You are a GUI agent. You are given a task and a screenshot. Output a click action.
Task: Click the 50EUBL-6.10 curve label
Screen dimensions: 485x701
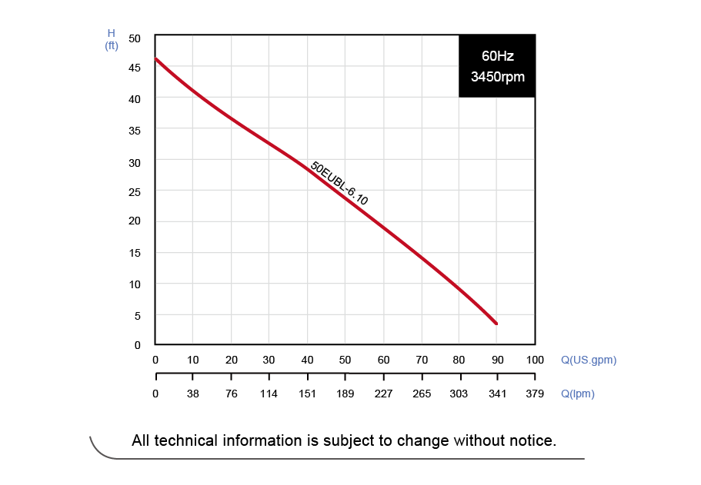339,184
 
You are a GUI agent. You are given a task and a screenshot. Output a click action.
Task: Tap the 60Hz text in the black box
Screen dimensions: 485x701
497,56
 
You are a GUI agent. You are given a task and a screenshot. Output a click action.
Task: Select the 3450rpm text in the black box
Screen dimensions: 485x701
497,77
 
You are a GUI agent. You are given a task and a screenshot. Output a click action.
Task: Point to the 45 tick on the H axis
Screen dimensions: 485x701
135,68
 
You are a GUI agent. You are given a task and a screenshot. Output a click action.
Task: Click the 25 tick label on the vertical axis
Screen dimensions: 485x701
135,191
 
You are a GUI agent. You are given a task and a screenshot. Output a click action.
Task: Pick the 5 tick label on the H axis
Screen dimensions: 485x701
138,315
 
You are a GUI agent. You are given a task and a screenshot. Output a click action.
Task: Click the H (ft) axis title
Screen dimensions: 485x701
111,39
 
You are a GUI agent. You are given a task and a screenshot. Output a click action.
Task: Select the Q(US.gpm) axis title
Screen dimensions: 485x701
588,360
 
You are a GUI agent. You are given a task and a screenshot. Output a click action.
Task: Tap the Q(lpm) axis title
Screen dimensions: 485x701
577,394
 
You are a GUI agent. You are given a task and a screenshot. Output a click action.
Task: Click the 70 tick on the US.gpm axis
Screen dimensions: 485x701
422,360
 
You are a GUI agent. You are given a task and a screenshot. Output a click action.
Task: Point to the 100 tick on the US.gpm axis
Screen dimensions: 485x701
535,360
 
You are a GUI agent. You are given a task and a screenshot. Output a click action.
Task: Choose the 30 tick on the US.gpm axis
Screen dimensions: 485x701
269,360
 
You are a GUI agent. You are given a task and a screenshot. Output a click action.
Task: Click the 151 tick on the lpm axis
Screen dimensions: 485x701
308,394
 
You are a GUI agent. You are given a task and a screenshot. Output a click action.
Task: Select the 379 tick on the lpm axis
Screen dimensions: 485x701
535,394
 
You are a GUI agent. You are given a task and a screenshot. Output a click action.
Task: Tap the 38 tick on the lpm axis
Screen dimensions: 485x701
193,394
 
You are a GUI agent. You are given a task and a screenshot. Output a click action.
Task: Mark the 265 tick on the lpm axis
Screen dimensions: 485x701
422,394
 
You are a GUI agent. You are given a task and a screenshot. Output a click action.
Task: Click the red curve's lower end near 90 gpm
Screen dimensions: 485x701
496,323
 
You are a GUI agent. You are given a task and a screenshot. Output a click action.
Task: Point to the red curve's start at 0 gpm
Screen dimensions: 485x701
155,58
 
